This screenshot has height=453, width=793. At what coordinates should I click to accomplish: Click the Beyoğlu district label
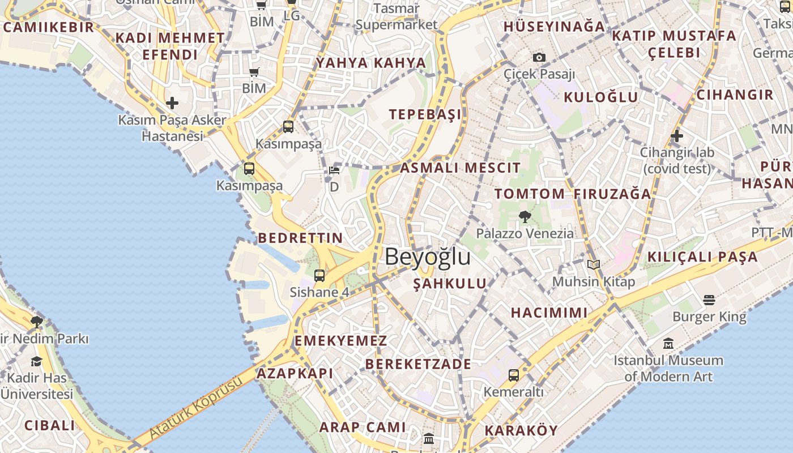click(x=428, y=257)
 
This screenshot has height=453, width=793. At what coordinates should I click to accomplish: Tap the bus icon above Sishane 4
click(x=319, y=276)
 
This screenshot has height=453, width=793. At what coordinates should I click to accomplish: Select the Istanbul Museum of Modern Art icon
click(x=668, y=344)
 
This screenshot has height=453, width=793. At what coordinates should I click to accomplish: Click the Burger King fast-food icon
click(x=709, y=300)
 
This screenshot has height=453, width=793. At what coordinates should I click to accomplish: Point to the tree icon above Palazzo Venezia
click(x=525, y=216)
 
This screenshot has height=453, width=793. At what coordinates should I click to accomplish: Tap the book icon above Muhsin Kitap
click(x=593, y=264)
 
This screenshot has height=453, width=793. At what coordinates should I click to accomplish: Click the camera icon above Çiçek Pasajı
click(x=539, y=57)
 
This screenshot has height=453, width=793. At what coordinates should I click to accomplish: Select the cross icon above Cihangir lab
click(x=676, y=136)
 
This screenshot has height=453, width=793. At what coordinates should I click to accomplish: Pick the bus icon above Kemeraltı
click(x=513, y=375)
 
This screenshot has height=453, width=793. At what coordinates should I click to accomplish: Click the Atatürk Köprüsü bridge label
click(x=195, y=407)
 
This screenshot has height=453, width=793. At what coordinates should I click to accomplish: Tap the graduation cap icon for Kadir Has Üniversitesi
click(x=37, y=361)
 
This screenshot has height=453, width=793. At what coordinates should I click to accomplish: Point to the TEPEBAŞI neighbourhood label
click(x=425, y=114)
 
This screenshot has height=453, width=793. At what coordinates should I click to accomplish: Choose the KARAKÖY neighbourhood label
click(x=521, y=430)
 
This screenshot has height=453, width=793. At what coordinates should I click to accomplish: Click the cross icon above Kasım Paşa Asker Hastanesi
click(x=172, y=103)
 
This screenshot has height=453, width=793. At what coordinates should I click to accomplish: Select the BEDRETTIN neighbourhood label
click(x=300, y=238)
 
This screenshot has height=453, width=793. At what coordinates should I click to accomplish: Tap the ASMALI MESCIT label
click(x=460, y=168)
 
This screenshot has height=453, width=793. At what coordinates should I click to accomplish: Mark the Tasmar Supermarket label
click(x=396, y=17)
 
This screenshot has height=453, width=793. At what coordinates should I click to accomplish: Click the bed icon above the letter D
click(x=334, y=170)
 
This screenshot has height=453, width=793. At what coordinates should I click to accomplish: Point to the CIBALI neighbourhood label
click(x=49, y=425)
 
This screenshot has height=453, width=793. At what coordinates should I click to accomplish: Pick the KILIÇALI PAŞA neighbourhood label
click(x=702, y=257)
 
